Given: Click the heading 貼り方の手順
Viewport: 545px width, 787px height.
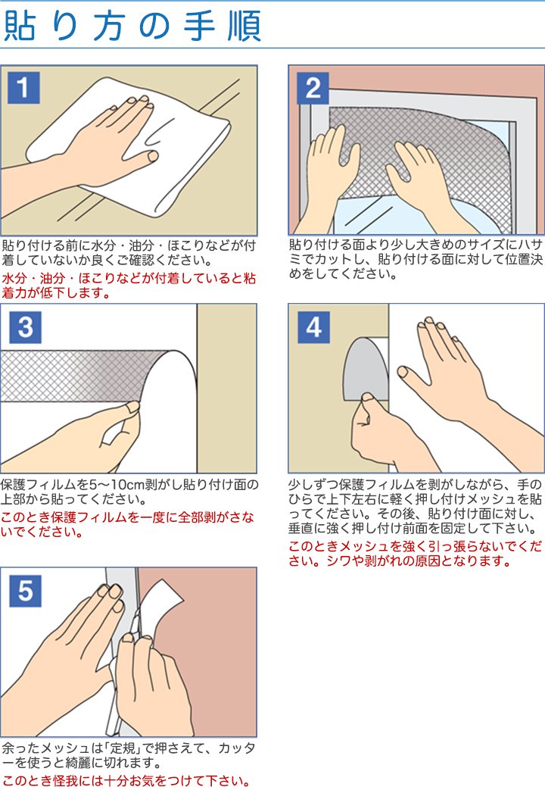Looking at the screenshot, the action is [132, 25].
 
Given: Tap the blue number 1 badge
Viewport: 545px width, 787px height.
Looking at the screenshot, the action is [23, 88].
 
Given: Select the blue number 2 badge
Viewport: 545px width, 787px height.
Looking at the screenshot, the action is [313, 88].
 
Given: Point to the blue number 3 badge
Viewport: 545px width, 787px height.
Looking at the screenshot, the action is [25, 327].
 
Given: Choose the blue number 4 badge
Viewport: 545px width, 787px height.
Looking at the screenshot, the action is [314, 327].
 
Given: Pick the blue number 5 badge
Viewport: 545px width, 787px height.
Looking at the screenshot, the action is [25, 591].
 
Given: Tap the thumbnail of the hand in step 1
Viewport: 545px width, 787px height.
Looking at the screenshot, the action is [152, 157].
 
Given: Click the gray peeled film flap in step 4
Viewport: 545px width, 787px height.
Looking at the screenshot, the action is [366, 369].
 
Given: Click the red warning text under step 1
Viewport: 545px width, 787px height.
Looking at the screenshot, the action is [129, 285].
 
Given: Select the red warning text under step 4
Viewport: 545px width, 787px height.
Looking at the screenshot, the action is [416, 554].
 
